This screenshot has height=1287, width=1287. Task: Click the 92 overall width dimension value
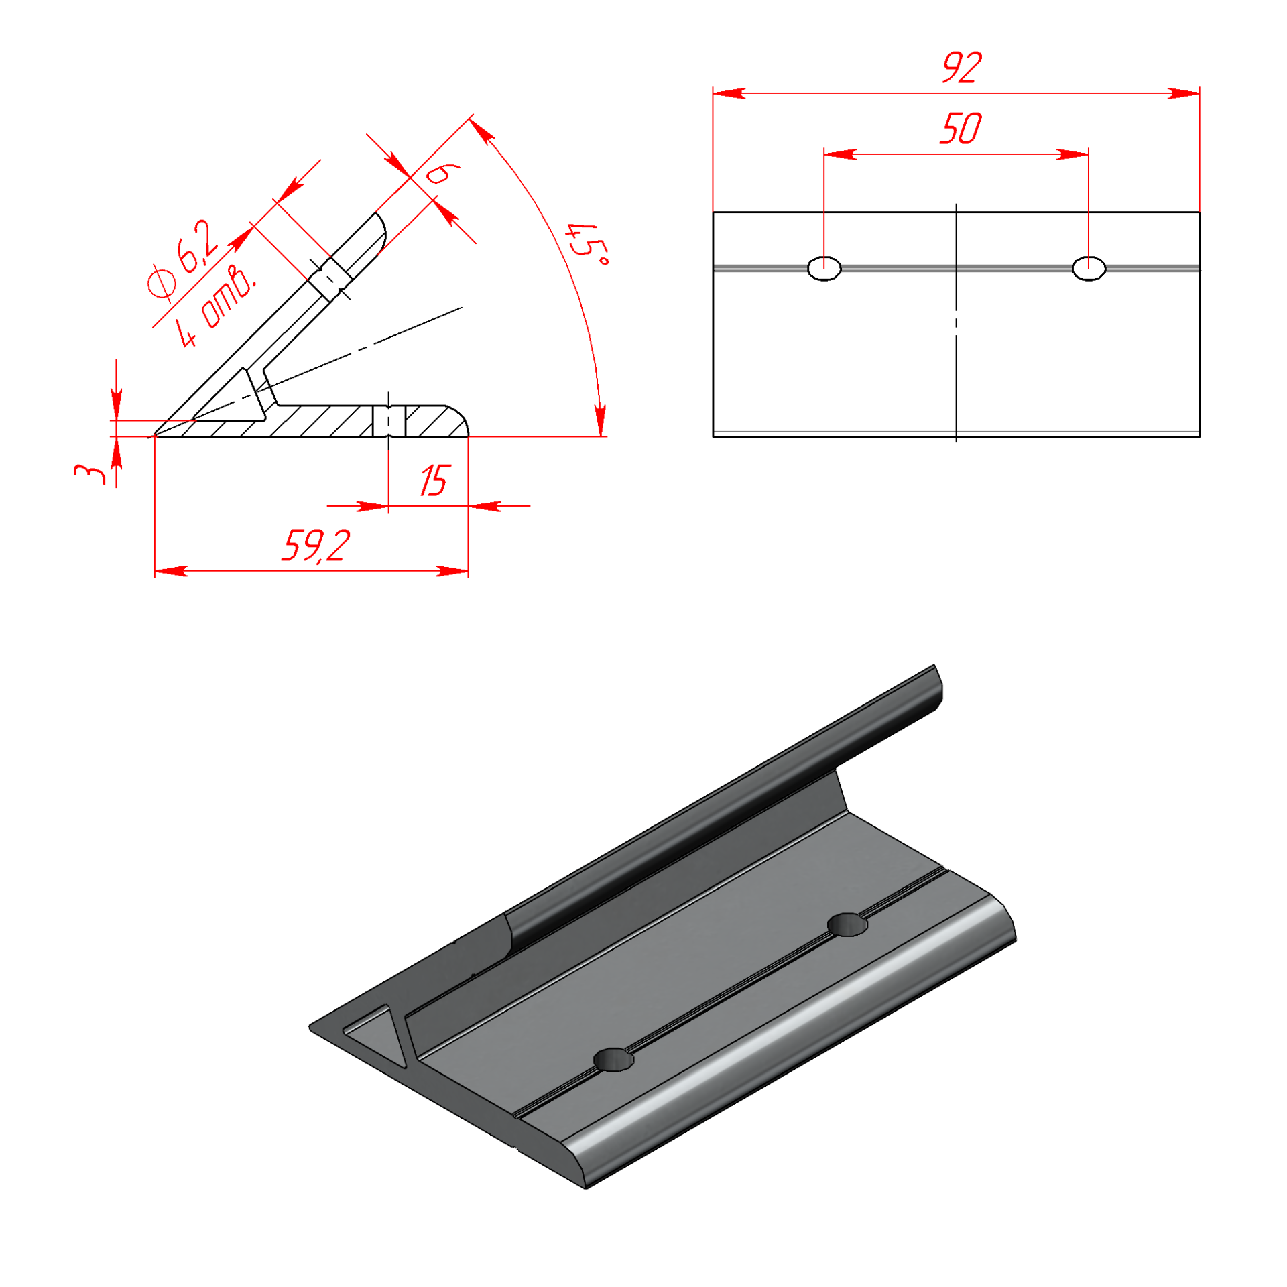[x=961, y=68]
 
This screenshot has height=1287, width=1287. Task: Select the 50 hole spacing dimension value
[x=960, y=129]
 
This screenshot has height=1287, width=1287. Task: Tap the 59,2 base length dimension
[x=316, y=546]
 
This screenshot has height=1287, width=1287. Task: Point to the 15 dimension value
[x=434, y=481]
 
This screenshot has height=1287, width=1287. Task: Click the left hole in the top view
[x=824, y=268]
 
